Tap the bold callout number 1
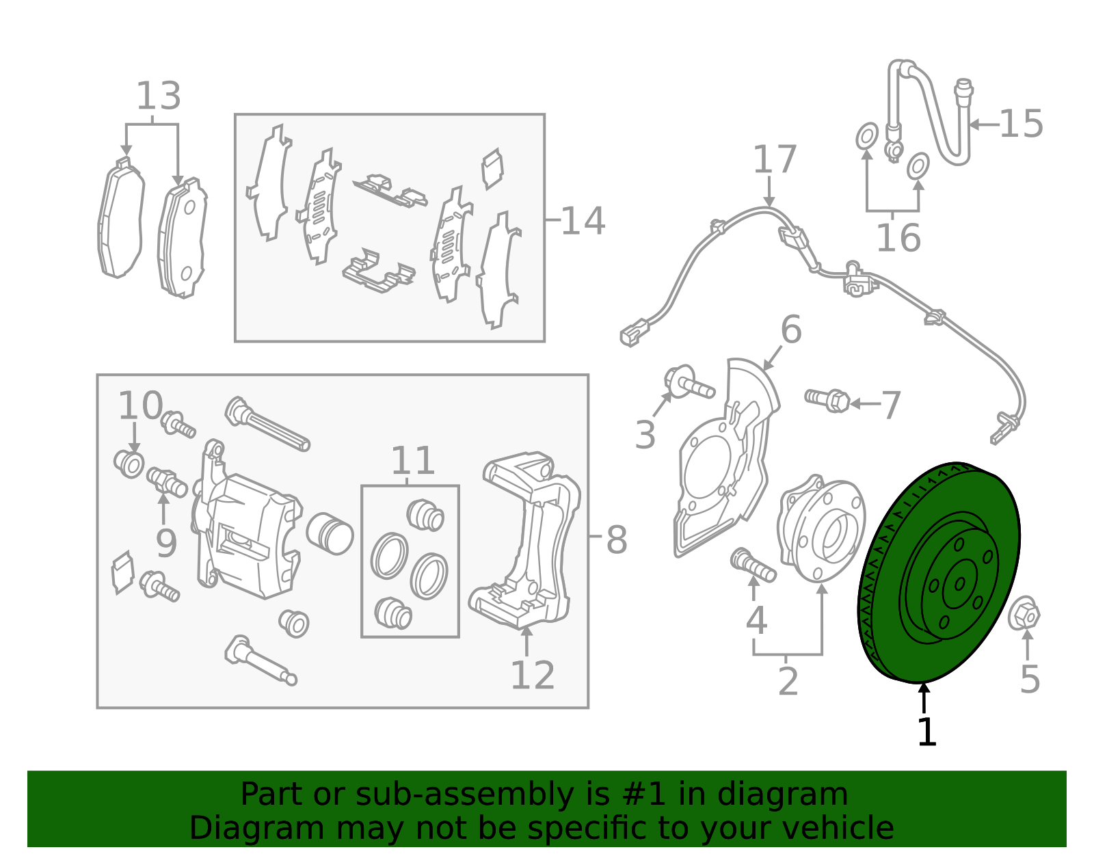point(926,732)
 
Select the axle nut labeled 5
point(1024,614)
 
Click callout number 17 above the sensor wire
point(774,160)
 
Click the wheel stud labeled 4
point(752,565)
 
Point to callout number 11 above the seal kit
point(412,462)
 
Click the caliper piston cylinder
point(329,533)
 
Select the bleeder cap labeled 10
point(129,464)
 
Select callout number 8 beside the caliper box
point(616,540)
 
